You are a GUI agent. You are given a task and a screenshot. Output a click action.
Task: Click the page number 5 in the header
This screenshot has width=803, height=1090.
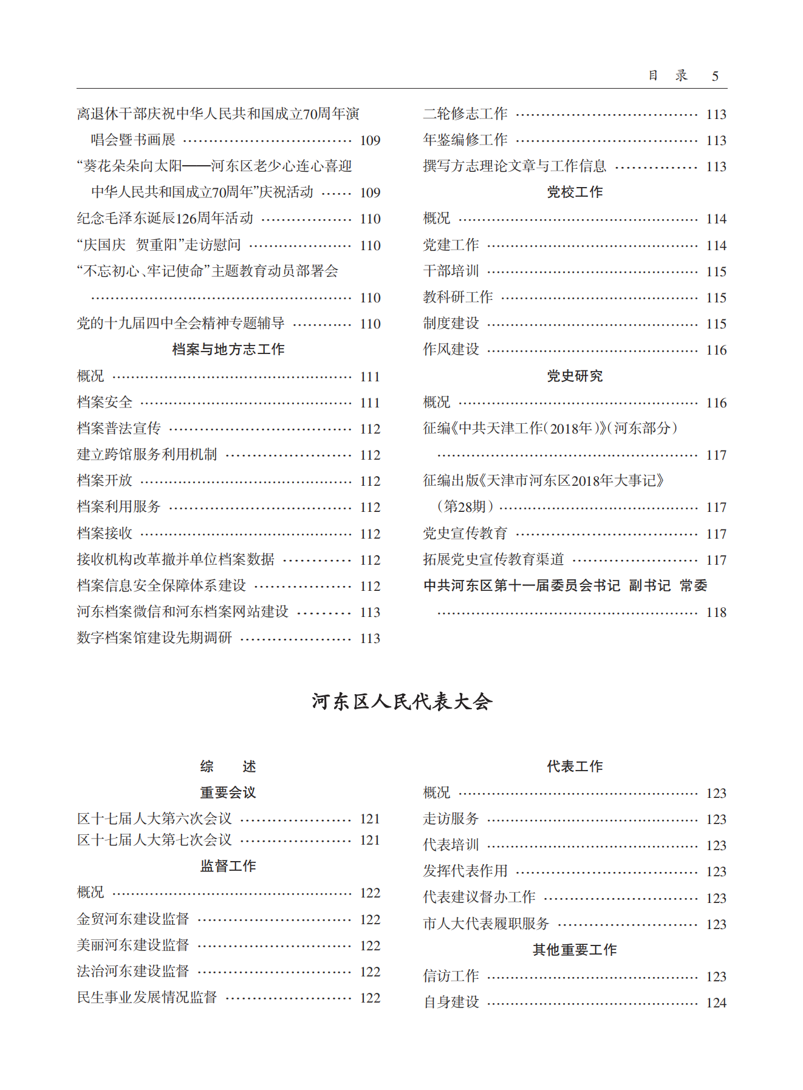(715, 76)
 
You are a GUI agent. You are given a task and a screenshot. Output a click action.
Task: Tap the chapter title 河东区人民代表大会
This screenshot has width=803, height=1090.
(402, 701)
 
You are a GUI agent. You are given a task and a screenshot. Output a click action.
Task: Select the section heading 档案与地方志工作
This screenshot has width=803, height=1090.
(228, 349)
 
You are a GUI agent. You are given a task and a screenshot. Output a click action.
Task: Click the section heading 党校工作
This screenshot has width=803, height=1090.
(575, 192)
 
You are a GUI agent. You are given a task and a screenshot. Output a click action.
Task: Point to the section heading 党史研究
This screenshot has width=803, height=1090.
(575, 376)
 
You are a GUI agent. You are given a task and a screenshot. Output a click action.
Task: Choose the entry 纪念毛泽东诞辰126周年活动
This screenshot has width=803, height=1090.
(165, 218)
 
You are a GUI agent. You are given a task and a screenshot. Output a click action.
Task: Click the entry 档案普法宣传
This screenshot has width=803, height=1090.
(119, 428)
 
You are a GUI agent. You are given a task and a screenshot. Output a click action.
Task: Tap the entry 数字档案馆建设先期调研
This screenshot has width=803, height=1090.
(155, 638)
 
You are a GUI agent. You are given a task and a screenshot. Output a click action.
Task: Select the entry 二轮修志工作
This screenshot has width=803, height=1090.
(465, 114)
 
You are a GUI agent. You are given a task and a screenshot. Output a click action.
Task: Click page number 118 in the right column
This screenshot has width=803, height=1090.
(716, 612)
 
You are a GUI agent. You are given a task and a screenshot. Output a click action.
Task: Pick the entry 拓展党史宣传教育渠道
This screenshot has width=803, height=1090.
(493, 559)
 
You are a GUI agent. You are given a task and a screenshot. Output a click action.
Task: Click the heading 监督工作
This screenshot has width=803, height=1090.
(228, 866)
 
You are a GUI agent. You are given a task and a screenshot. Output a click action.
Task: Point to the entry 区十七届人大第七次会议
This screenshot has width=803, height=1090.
(155, 840)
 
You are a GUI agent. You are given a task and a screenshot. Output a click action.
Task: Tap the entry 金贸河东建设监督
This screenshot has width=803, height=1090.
(133, 919)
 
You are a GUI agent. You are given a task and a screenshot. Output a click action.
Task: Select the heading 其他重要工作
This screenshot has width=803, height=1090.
(575, 950)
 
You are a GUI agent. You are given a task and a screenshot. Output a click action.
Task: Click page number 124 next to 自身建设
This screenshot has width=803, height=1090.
(716, 1003)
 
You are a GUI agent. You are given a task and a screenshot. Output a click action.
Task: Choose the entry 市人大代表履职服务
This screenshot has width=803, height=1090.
(486, 924)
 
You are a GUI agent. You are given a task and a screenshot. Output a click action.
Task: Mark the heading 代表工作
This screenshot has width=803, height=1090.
(575, 766)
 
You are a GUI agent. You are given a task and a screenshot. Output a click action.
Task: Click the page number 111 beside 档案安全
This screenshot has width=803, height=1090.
(370, 403)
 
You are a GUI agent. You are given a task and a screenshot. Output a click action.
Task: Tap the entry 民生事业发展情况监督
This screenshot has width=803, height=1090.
(147, 997)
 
